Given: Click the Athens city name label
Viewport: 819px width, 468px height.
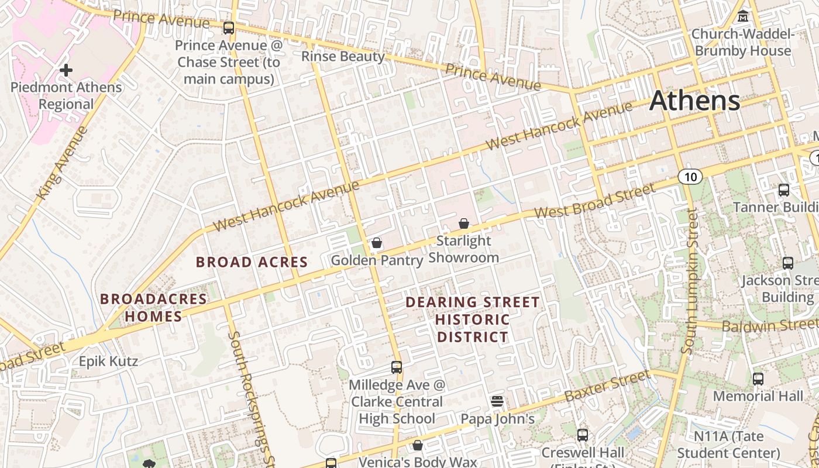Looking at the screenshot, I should point(694,101).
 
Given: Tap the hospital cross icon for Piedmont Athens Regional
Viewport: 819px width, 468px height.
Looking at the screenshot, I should point(66,71).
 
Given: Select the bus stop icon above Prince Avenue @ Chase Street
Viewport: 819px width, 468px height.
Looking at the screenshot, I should point(229,27).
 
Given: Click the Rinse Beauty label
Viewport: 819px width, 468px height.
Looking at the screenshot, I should point(343,57).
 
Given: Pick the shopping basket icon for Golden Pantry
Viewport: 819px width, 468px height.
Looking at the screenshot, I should point(377,243).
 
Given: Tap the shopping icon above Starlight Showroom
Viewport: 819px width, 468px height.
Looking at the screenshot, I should point(464,223).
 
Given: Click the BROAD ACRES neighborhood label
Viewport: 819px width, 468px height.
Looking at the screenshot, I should point(252,262).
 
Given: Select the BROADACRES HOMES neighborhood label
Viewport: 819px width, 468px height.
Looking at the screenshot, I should point(153,308).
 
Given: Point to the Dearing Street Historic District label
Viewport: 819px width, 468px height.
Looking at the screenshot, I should point(473,319).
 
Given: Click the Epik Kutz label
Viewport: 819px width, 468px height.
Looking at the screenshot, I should point(109,361).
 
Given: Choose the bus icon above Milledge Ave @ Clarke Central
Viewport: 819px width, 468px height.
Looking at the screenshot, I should point(397,367).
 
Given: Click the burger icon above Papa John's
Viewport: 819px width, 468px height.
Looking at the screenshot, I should point(497,401).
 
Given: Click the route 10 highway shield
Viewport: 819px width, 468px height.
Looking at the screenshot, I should point(691,177).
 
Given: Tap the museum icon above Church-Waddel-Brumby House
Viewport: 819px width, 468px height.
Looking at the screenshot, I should point(743,16).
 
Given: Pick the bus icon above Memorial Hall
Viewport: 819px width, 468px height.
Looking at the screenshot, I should point(758,378).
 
